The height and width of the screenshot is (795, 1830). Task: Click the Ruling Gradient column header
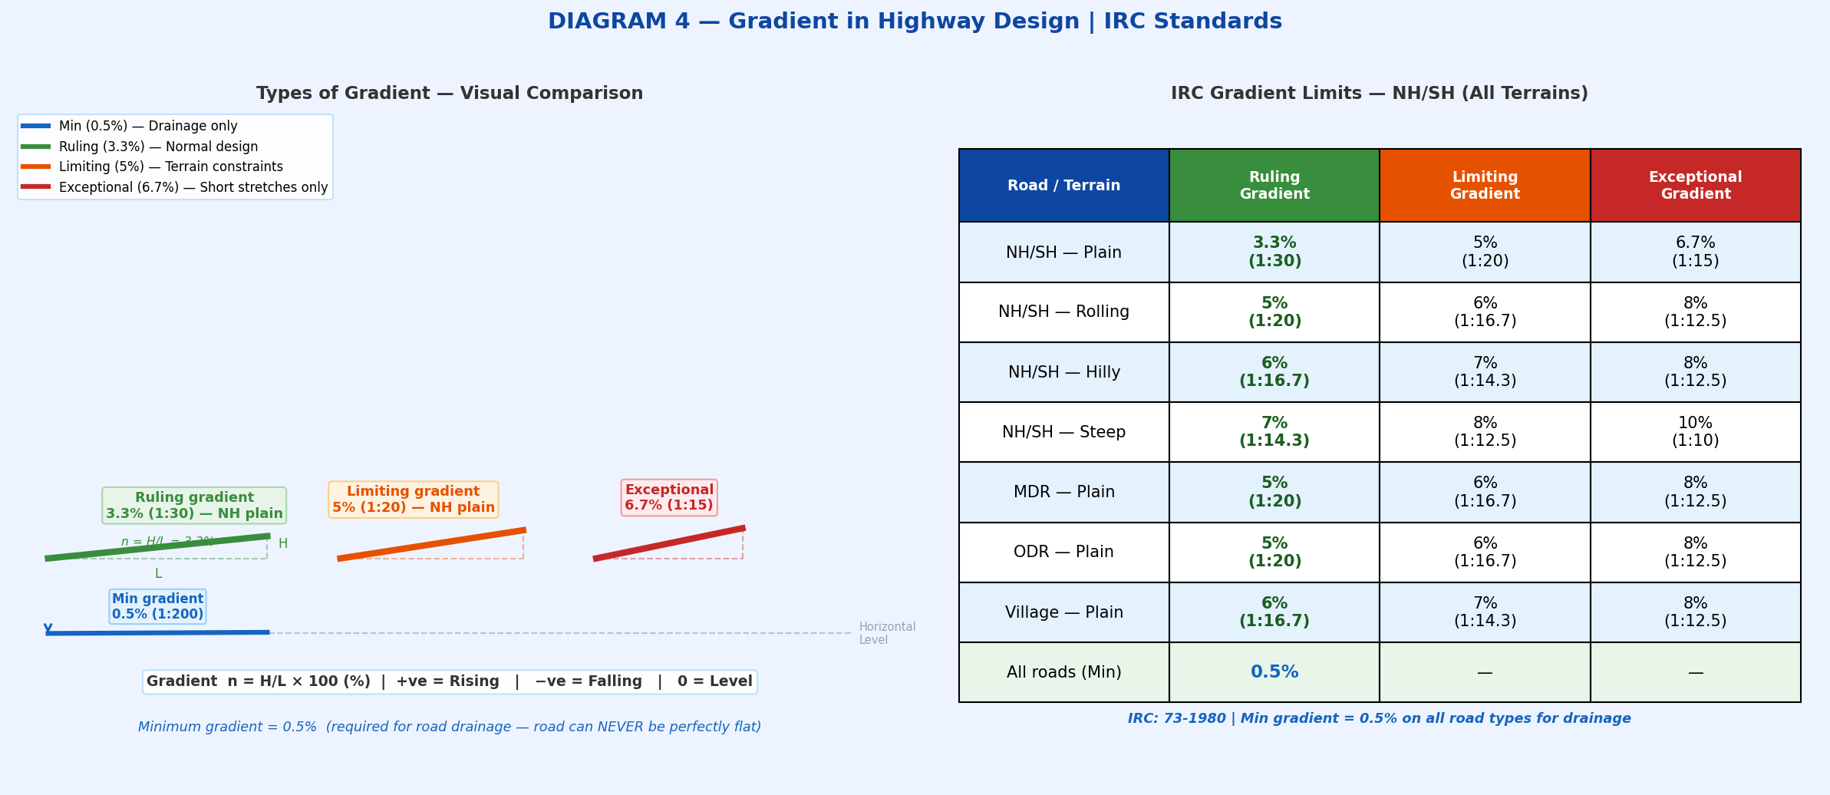point(1274,186)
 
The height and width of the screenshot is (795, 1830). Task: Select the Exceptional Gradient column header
point(1695,186)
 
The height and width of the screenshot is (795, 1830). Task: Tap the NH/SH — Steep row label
point(1063,432)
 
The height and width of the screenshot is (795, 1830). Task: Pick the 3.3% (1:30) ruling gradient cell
point(1274,252)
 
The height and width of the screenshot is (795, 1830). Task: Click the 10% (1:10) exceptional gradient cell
point(1695,432)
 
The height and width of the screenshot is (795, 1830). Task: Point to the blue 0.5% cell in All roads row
point(1274,672)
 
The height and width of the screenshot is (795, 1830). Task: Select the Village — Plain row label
point(1063,612)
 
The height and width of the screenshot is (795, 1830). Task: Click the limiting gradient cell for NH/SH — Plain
point(1484,252)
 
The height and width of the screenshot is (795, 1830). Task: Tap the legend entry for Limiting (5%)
point(170,167)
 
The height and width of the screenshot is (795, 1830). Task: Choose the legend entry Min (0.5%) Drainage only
point(147,126)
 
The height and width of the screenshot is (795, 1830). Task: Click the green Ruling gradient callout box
point(194,506)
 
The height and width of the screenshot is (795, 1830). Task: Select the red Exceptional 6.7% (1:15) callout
point(668,497)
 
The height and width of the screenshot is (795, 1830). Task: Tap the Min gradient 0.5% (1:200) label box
point(157,606)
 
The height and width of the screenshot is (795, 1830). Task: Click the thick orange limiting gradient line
point(431,544)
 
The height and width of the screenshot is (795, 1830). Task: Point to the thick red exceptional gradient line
point(668,543)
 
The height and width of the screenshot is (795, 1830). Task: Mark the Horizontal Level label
point(886,633)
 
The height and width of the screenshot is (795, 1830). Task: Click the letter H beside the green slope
point(282,543)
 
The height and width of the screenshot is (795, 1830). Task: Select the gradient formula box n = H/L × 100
point(450,681)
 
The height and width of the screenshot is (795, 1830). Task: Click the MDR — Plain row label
point(1063,492)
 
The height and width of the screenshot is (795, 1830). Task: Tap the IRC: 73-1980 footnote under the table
point(1379,718)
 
